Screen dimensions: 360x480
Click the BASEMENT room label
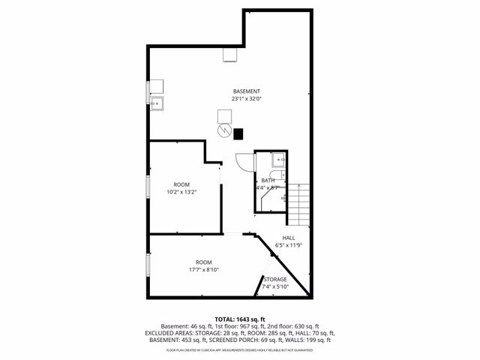pyautogui.click(x=246, y=91)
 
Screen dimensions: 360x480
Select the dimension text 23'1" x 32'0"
pyautogui.click(x=246, y=99)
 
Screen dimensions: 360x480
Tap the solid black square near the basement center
pyautogui.click(x=238, y=135)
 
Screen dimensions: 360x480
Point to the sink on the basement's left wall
pyautogui.click(x=157, y=104)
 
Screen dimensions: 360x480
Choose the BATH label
pyautogui.click(x=268, y=181)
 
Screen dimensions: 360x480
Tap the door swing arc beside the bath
pyautogui.click(x=244, y=160)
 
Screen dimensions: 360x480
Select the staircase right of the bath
pyautogui.click(x=299, y=200)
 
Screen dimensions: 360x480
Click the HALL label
pyautogui.click(x=288, y=238)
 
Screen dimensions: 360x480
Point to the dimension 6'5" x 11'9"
pyautogui.click(x=288, y=245)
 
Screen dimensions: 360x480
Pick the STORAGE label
pyautogui.click(x=274, y=279)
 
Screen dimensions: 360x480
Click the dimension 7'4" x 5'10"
pyautogui.click(x=274, y=286)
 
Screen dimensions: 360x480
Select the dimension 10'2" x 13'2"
pyautogui.click(x=181, y=192)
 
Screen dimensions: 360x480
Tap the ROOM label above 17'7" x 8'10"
pyautogui.click(x=204, y=262)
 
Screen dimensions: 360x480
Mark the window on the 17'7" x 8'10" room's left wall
pyautogui.click(x=148, y=264)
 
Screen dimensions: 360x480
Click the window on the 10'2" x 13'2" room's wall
pyautogui.click(x=148, y=192)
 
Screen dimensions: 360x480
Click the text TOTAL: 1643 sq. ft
pyautogui.click(x=240, y=319)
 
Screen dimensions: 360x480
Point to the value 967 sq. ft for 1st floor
pyautogui.click(x=240, y=326)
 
